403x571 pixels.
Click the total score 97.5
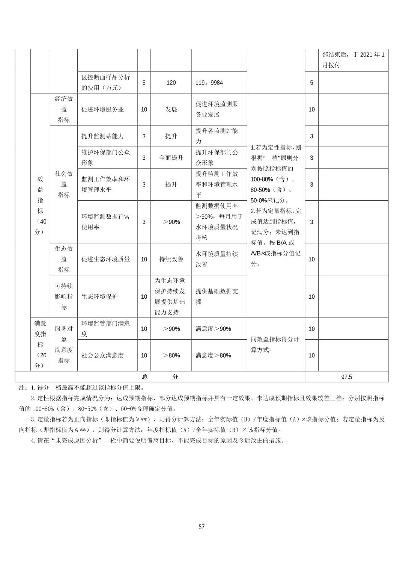[346, 377]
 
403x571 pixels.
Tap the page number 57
[201, 526]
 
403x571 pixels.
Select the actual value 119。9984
[209, 83]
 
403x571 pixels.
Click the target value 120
[171, 83]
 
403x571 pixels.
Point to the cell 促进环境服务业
[102, 109]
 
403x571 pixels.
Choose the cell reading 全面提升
[171, 158]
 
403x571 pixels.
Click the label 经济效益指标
[64, 109]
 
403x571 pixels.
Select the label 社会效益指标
[64, 184]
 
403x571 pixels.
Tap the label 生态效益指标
[64, 259]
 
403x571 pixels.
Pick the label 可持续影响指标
[64, 296]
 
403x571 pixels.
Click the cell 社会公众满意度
[102, 355]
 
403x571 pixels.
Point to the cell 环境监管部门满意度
[105, 329]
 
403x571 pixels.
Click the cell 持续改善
[171, 259]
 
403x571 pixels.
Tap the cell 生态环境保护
[99, 296]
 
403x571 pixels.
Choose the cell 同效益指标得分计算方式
[275, 344]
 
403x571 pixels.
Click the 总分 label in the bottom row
[160, 377]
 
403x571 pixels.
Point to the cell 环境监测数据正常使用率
[105, 222]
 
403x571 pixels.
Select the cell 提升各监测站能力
[217, 136]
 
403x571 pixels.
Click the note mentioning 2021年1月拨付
[353, 60]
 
